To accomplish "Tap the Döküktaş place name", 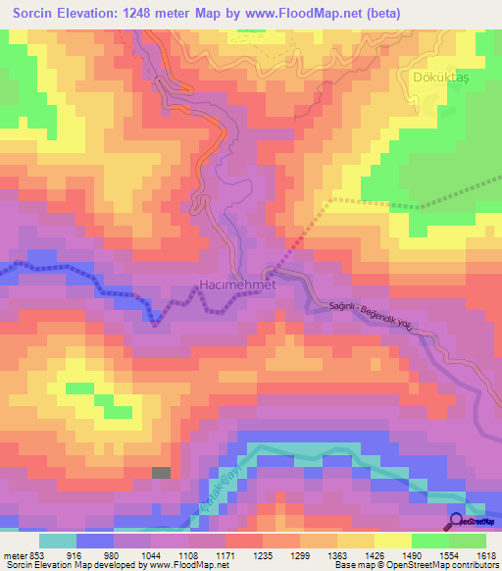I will [431, 75].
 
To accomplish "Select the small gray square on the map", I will [161, 473].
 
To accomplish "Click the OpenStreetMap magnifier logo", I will [456, 521].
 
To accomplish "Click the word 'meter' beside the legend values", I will [15, 555].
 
